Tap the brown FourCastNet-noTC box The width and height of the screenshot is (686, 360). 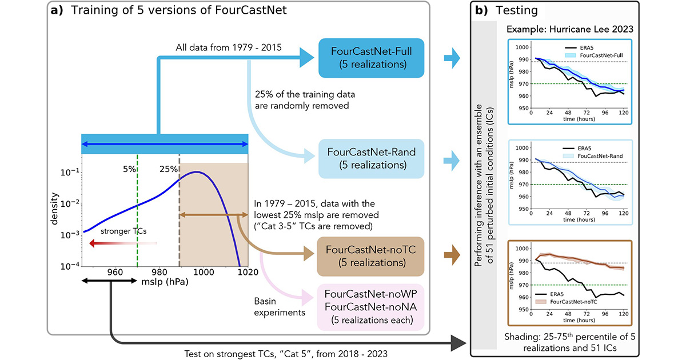[x=365, y=255]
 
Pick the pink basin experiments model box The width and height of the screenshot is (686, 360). [x=370, y=307]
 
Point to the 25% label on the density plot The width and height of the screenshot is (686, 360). [x=167, y=170]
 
